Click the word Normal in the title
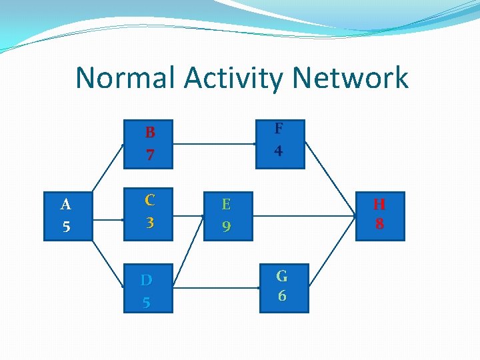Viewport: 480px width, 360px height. [126, 78]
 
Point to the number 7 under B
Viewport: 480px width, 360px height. [150, 155]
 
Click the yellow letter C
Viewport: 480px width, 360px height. [150, 199]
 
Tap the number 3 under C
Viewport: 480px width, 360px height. [150, 222]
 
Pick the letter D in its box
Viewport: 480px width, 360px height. [146, 279]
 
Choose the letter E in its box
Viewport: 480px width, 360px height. [226, 204]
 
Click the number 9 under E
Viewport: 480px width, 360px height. [226, 227]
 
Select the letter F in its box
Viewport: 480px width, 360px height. [278, 128]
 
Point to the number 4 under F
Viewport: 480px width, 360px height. [278, 151]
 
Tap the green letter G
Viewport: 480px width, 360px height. [281, 275]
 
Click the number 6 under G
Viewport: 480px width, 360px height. [281, 295]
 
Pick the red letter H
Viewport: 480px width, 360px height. [379, 203]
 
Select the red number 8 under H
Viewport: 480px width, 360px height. [379, 224]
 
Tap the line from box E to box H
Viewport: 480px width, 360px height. [303, 215]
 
